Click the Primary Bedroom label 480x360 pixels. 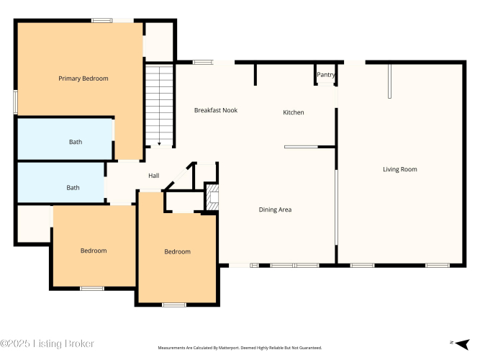83,78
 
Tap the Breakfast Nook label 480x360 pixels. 216,110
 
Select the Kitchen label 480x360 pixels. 294,112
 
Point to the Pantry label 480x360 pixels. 326,75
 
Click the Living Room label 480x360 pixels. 400,169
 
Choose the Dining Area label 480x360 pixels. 275,210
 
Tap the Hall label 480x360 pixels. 154,176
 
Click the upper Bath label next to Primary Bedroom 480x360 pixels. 76,142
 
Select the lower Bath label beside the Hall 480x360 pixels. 73,187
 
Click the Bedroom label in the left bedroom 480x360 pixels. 94,251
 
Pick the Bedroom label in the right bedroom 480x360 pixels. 178,251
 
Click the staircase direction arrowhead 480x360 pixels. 159,144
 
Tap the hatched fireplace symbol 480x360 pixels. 212,197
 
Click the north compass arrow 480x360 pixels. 462,344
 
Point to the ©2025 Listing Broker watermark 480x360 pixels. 47,343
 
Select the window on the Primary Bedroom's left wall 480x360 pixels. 15,102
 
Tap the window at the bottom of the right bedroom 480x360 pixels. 174,305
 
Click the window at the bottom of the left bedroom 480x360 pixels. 92,289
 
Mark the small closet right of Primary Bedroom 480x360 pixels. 159,42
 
